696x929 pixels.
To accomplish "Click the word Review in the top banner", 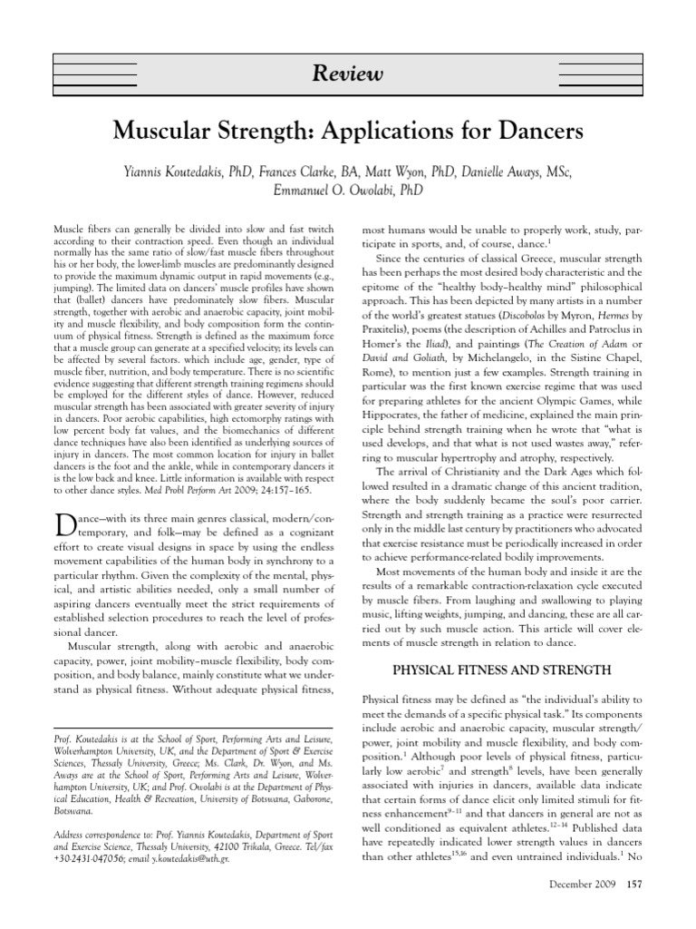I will tap(348, 73).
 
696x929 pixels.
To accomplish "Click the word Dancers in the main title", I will tap(534, 132).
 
